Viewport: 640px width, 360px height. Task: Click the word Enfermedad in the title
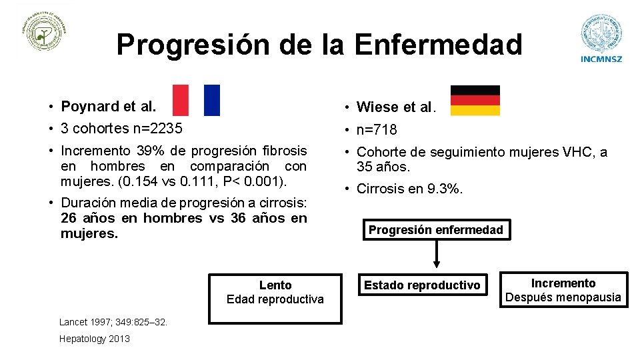438,45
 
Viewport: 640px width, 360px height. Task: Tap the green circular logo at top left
46,32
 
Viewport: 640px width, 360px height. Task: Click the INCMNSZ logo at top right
601,38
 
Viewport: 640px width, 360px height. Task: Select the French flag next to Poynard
196,100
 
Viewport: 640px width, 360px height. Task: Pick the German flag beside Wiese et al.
475,101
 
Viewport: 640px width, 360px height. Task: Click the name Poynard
91,106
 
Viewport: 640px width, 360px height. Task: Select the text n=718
377,129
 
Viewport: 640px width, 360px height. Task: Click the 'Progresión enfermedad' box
436,230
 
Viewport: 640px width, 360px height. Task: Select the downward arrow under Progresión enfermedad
437,255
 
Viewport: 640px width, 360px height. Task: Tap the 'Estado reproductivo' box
421,285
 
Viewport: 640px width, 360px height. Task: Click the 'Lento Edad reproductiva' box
275,293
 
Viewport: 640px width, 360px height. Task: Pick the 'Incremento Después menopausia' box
563,290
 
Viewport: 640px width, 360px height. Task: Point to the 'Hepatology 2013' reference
95,339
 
